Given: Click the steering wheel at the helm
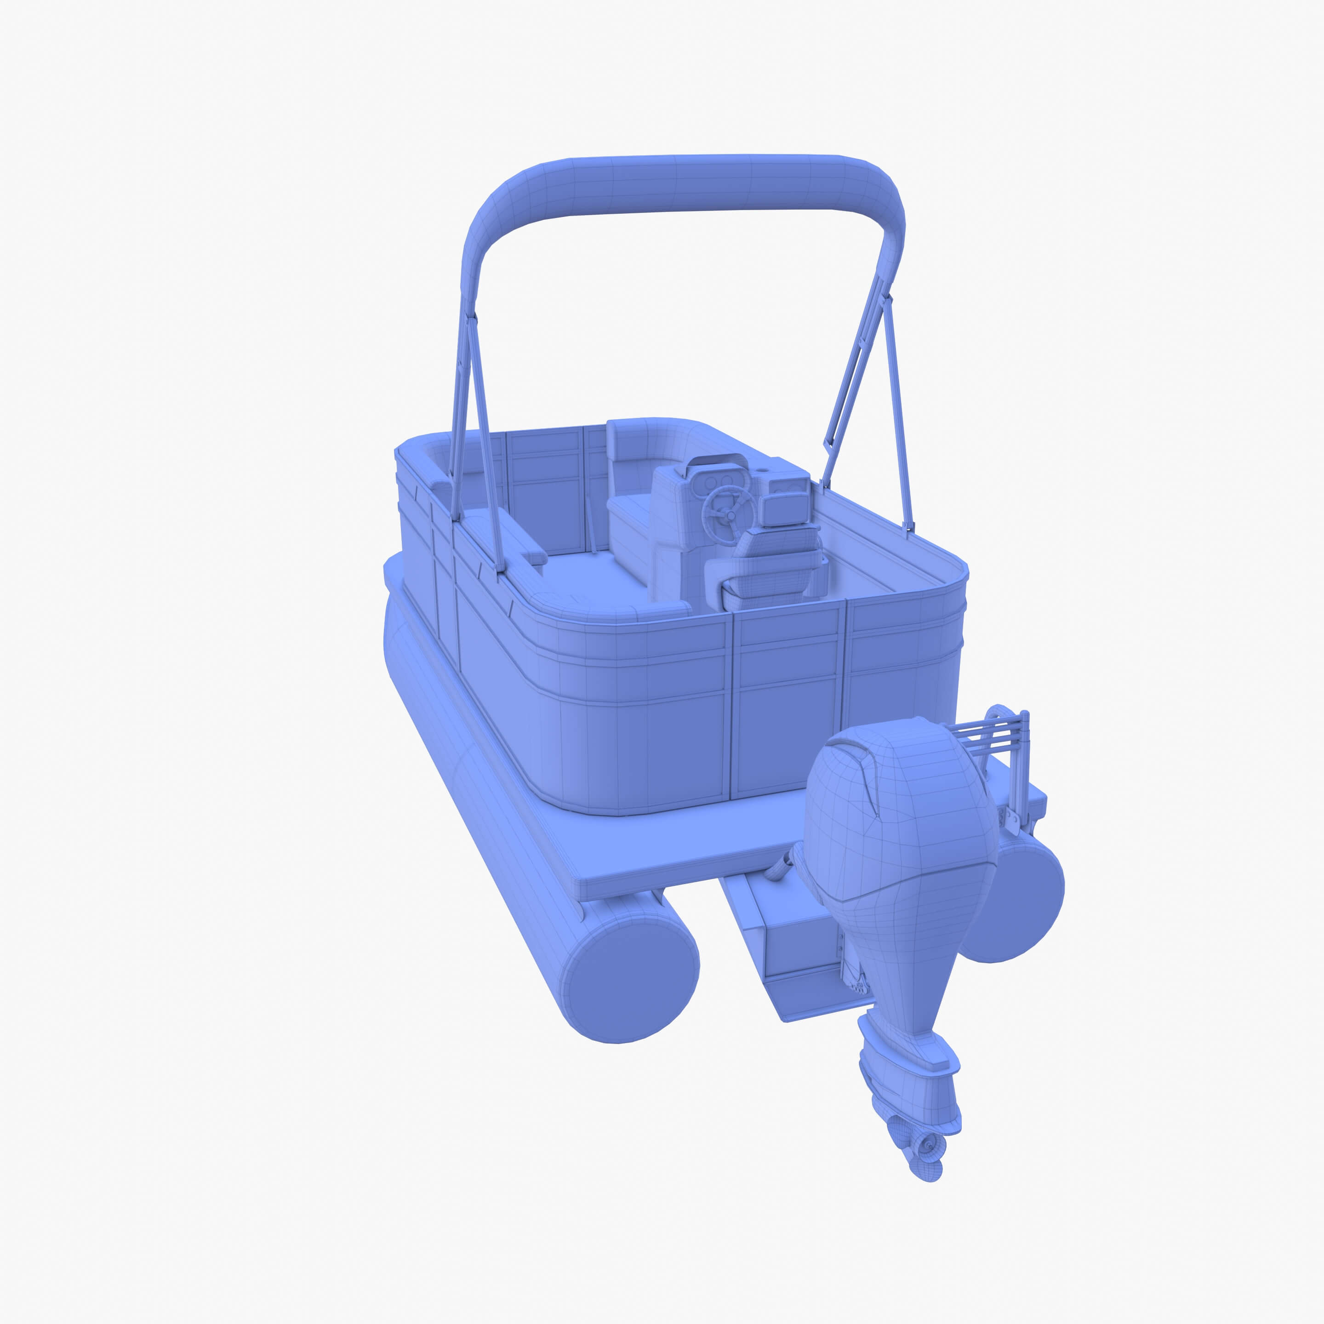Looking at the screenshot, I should point(727,506).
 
